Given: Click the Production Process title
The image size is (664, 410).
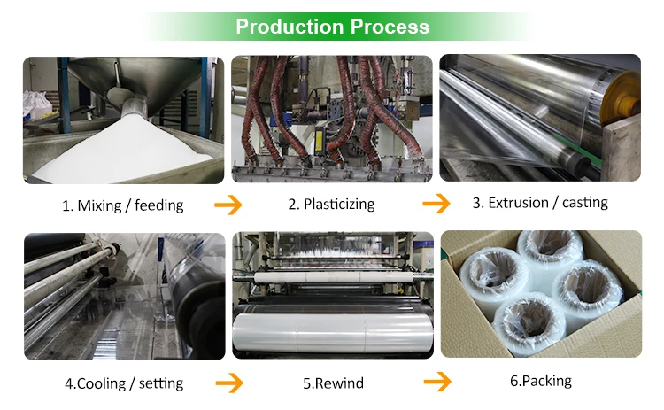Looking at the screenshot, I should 332,27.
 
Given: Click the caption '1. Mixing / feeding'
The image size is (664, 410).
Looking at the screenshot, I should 122,205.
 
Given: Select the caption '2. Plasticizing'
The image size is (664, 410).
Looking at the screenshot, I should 331,205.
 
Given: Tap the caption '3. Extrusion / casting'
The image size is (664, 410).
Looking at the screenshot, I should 540,203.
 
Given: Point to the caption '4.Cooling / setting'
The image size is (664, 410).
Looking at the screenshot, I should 123,383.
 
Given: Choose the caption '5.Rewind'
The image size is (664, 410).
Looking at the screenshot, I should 333,383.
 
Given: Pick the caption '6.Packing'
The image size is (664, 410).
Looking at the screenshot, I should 540,382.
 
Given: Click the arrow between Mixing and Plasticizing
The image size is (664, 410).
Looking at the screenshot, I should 228,205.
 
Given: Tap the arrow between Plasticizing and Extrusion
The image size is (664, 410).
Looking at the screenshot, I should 436,205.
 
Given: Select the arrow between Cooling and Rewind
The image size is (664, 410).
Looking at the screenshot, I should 228,383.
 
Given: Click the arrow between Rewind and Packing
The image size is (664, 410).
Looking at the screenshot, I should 436,382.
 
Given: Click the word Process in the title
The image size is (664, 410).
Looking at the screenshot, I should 390,27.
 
